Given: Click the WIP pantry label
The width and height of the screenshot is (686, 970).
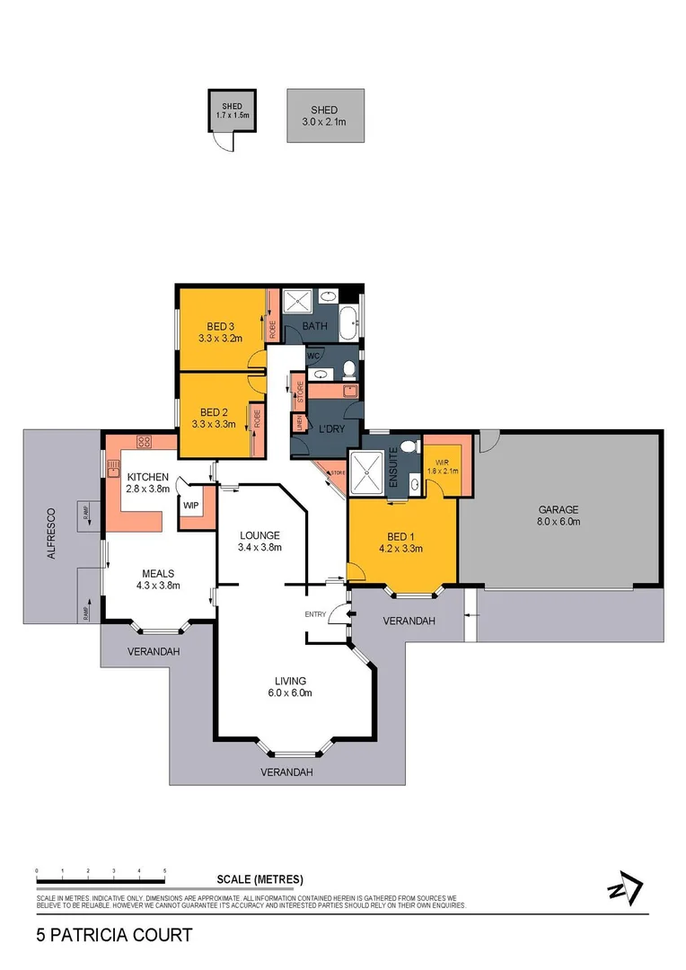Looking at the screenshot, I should point(190,506).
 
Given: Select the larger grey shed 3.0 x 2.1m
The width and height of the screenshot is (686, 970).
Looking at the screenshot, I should point(325,114).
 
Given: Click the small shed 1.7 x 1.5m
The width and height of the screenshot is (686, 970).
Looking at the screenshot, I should point(232,111).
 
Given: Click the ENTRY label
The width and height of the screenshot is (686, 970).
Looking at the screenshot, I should point(316,613).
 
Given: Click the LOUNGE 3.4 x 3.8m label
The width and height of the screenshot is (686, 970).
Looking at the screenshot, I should point(259,541).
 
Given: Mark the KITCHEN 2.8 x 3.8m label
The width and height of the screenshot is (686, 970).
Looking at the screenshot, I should point(147,482).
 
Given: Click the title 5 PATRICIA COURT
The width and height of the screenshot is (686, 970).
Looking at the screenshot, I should point(114,935).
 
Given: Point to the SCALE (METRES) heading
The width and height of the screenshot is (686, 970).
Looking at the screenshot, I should point(259,879).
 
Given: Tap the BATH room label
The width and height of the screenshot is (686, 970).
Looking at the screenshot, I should point(313,327).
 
